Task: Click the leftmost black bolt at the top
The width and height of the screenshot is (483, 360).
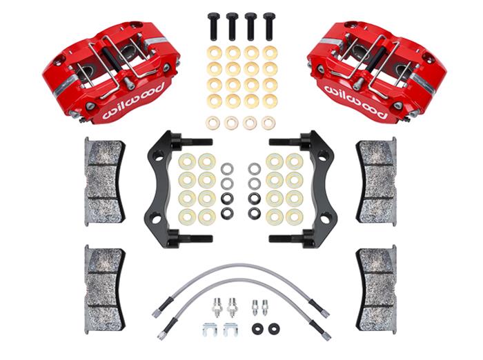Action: tap(213, 26)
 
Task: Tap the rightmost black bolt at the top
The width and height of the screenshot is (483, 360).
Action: tap(269, 26)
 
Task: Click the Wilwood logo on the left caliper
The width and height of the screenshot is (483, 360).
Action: tap(134, 101)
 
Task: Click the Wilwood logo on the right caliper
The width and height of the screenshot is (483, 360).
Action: tap(355, 101)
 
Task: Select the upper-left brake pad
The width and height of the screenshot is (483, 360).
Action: tap(104, 181)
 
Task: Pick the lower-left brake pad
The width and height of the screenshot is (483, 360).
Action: tap(104, 289)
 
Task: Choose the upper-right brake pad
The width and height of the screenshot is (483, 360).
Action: tap(377, 181)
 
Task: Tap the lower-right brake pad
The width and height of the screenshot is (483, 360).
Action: tap(377, 289)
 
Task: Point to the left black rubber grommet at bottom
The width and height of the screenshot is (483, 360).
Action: tap(258, 329)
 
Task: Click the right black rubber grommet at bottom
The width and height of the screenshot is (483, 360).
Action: tap(274, 329)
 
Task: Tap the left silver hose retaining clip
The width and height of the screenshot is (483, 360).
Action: tap(210, 330)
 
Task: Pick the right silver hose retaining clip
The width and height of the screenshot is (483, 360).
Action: tap(230, 330)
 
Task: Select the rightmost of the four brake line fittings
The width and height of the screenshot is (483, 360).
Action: tap(265, 307)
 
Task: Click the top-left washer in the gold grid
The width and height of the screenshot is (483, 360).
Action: tap(215, 53)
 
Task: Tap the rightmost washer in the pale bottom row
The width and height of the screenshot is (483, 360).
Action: tap(268, 123)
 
